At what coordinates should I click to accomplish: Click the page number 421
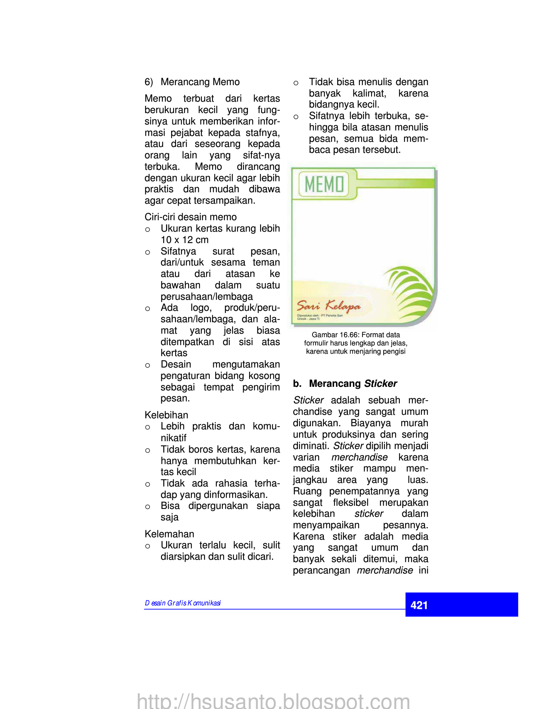click(419, 605)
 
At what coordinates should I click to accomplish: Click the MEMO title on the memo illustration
click(324, 184)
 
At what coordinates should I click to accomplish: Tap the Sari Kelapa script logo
click(328, 306)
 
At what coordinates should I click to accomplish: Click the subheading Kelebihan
click(166, 415)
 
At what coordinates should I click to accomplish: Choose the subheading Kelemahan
click(169, 534)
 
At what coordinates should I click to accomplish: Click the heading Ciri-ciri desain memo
click(190, 217)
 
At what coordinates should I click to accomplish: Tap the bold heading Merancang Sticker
click(353, 384)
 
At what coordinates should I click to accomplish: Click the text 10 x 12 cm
click(185, 240)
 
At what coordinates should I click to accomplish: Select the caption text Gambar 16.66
click(334, 335)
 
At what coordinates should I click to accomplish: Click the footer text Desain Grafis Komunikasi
click(183, 603)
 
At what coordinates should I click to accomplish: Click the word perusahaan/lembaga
click(207, 297)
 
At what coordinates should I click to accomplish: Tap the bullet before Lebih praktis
click(148, 427)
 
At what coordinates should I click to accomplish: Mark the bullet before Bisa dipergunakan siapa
click(148, 507)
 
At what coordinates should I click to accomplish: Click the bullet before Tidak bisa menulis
click(296, 83)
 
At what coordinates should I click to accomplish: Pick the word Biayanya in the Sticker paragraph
click(371, 423)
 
